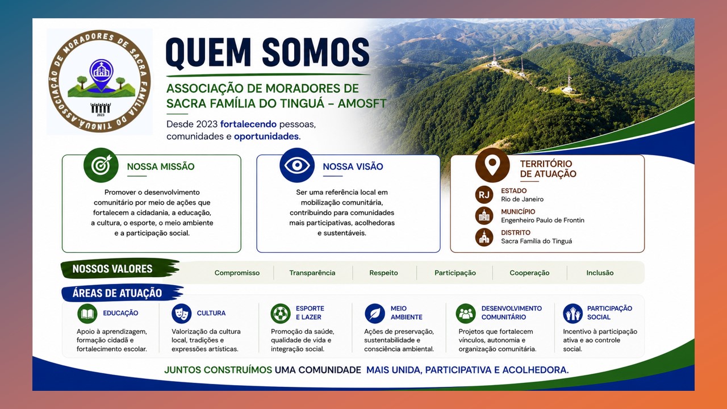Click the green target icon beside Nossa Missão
click(101, 165)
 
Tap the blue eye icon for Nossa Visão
click(297, 165)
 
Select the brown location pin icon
click(492, 165)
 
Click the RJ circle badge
click(484, 195)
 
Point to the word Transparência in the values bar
click(312, 273)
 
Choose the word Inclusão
click(600, 273)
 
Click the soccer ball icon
click(281, 314)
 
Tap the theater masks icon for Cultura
click(181, 314)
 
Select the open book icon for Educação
click(87, 314)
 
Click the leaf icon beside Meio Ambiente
click(375, 314)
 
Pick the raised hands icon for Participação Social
click(573, 314)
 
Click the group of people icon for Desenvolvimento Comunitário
click(466, 314)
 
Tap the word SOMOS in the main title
click(315, 52)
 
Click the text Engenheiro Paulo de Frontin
click(542, 220)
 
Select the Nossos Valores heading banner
click(120, 269)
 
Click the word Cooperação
click(529, 273)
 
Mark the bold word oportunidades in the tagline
click(266, 136)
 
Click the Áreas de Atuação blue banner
click(122, 293)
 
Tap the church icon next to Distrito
click(484, 237)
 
